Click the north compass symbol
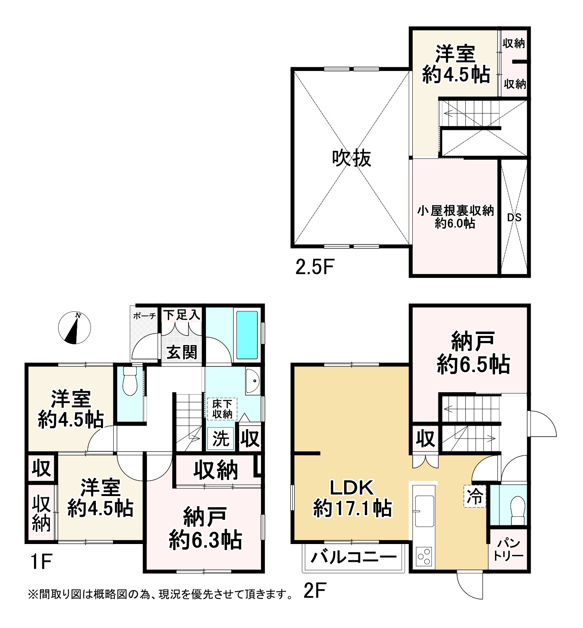pyautogui.click(x=74, y=328)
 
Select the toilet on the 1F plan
pyautogui.click(x=130, y=381)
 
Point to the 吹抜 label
pyautogui.click(x=351, y=158)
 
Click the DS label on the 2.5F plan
pyautogui.click(x=514, y=217)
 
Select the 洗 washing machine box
pyautogui.click(x=221, y=439)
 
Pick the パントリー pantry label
pyautogui.click(x=509, y=549)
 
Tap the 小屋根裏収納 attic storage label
pyautogui.click(x=455, y=210)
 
